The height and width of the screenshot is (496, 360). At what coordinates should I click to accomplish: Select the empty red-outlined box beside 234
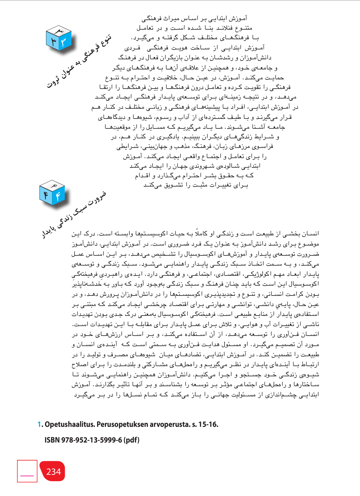[27, 471]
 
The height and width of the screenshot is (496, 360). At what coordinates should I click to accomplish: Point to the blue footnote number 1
[39, 425]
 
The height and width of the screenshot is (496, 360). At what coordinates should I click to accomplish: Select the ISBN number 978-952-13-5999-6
[92, 440]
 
